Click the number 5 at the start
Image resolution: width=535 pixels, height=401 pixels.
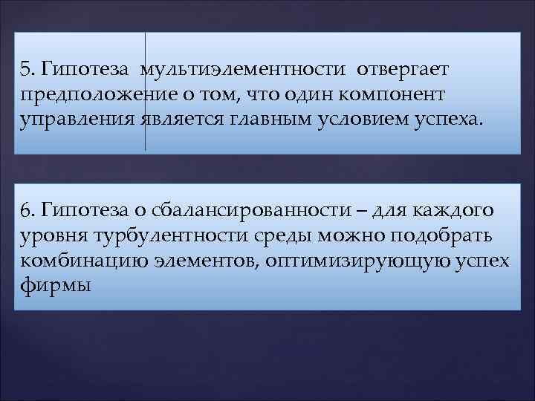click(x=27, y=70)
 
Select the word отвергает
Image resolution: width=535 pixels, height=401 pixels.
click(x=403, y=70)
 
